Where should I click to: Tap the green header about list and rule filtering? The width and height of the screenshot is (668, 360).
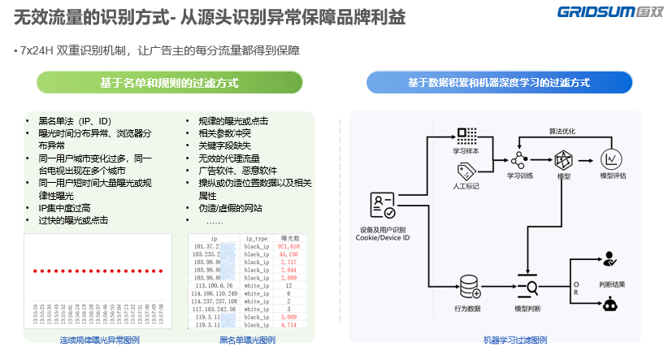pyautogui.click(x=169, y=83)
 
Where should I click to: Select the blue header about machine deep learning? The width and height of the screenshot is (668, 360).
pyautogui.click(x=499, y=83)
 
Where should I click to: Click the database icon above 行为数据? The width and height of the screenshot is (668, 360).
pyautogui.click(x=469, y=287)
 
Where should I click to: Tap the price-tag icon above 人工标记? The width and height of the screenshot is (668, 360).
pyautogui.click(x=466, y=171)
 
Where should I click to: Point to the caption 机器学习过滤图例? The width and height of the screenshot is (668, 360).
pyautogui.click(x=514, y=340)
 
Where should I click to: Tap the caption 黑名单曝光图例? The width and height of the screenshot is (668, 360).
pyautogui.click(x=247, y=340)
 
